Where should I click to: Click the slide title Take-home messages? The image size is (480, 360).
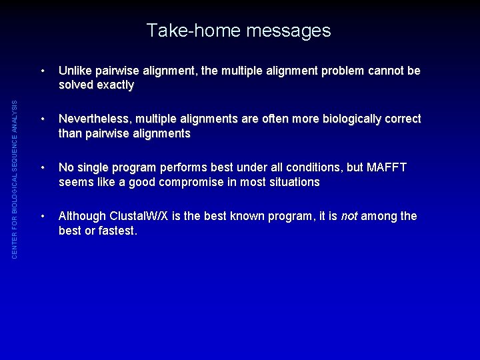coord(239,31)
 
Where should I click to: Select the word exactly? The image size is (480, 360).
coord(115,85)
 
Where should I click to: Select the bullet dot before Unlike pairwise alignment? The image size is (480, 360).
coord(43,71)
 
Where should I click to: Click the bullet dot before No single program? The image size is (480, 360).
coord(43,167)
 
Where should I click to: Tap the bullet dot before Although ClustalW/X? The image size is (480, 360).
coord(43,216)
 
